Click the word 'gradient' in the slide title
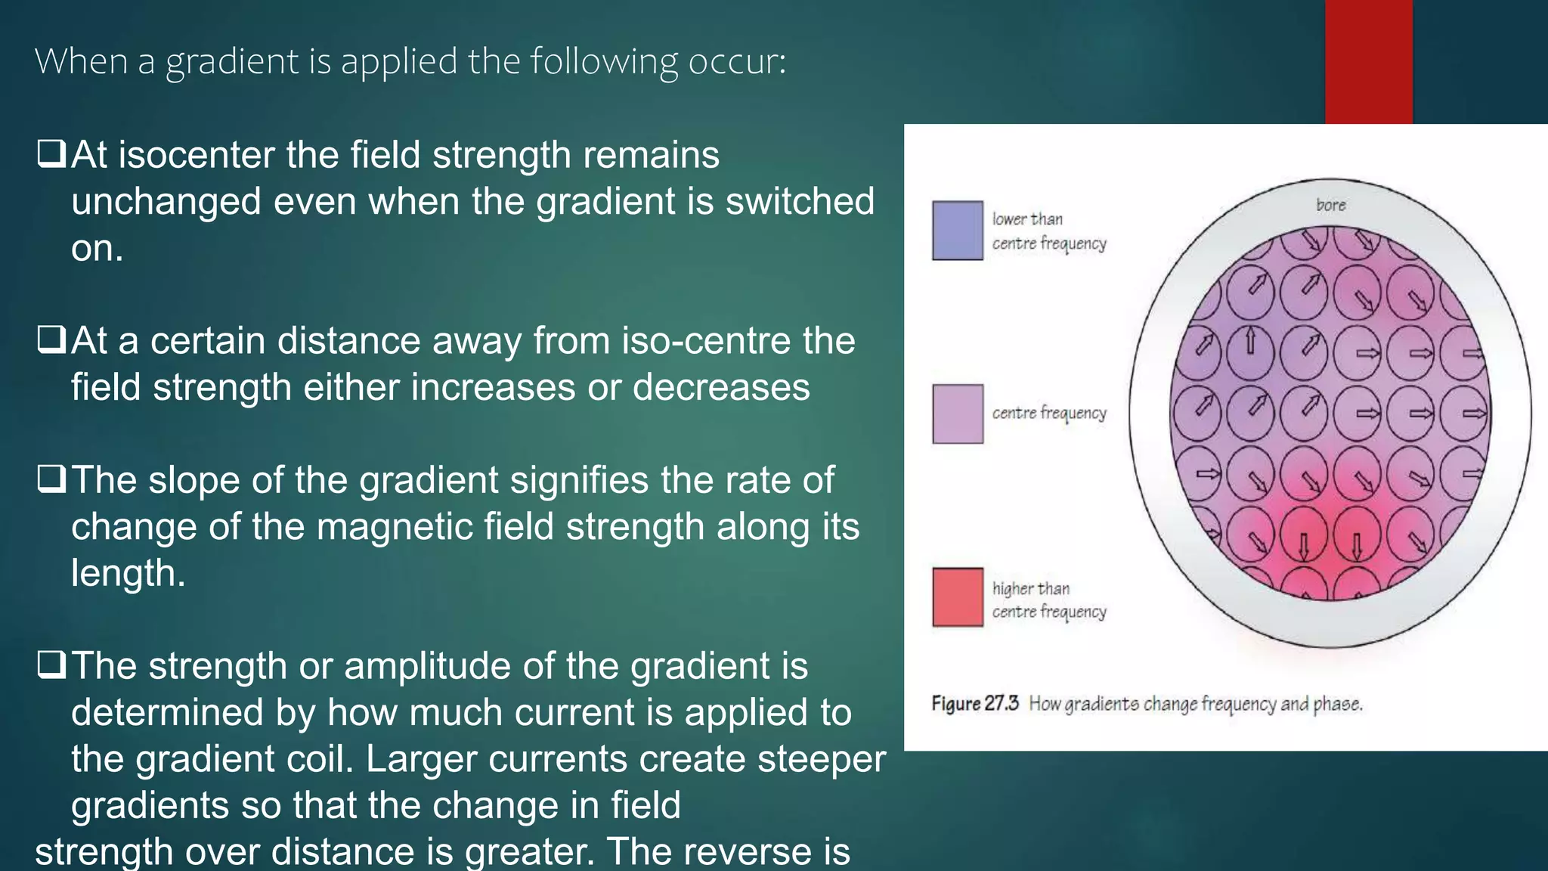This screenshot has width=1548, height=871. [232, 62]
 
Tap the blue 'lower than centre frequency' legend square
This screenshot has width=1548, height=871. [957, 231]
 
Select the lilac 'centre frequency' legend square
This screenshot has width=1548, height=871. [957, 414]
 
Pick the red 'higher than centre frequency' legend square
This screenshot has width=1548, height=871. [957, 597]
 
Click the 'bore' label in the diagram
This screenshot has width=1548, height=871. [1330, 205]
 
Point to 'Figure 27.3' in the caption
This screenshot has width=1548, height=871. [974, 704]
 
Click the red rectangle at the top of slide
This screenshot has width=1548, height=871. [1368, 61]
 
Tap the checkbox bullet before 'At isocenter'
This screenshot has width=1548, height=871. [51, 154]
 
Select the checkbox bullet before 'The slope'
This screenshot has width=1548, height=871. [51, 479]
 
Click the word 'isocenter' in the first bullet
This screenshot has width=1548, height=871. [197, 155]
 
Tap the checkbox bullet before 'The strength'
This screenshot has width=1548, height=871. [51, 665]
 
